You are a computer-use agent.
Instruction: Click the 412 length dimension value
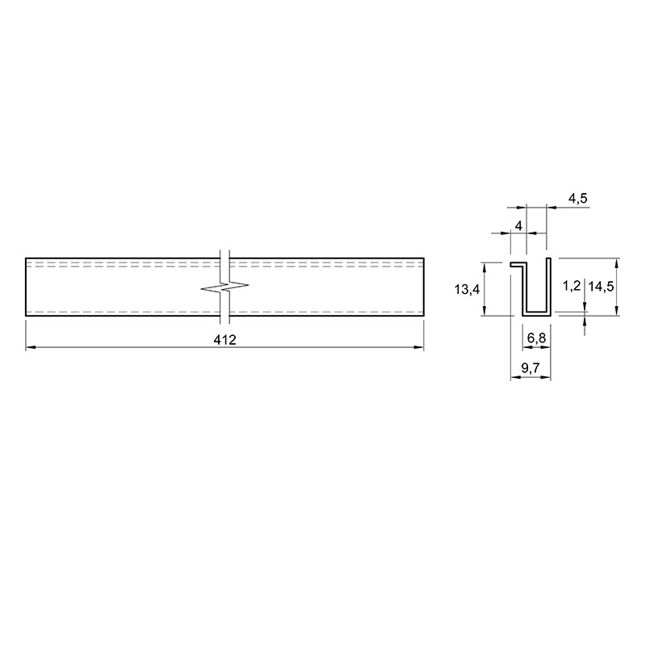click(225, 340)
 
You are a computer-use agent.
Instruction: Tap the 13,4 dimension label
click(467, 290)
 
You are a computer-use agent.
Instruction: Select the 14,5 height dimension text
click(601, 286)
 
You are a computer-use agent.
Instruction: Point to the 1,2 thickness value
click(572, 286)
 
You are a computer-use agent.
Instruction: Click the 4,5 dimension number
click(578, 199)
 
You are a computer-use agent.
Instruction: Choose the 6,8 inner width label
click(536, 338)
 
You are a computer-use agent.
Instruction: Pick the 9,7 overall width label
click(531, 368)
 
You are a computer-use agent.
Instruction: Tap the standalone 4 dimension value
click(518, 226)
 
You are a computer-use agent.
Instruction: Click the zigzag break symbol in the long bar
click(225, 287)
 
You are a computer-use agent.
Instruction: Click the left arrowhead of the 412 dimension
click(31, 347)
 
